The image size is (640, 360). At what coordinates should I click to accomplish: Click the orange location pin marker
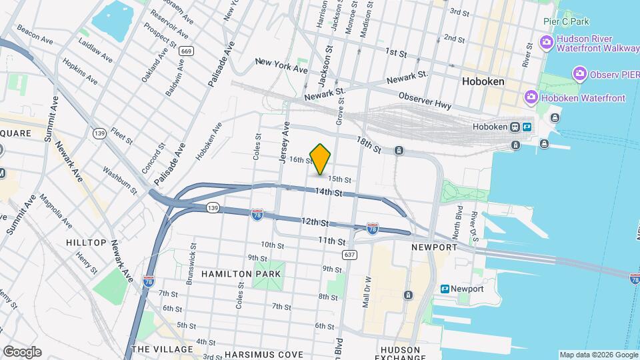[321, 159]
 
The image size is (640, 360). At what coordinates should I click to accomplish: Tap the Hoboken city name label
[482, 81]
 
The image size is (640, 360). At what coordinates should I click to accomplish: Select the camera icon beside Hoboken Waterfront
[531, 98]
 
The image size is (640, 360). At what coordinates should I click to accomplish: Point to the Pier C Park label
[566, 21]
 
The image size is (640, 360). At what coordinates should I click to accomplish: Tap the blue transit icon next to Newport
[445, 289]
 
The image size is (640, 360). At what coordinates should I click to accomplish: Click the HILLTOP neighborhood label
[87, 243]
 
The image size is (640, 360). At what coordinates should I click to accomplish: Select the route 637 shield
[349, 255]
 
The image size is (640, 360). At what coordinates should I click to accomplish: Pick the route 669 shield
[187, 51]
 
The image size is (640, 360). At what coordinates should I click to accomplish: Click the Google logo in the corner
[21, 351]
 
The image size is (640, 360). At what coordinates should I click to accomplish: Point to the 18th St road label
[368, 145]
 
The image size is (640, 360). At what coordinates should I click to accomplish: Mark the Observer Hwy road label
[425, 101]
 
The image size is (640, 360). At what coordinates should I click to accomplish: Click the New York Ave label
[281, 65]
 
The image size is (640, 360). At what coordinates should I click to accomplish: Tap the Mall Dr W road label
[366, 290]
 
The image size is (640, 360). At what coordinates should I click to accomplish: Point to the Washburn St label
[120, 179]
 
